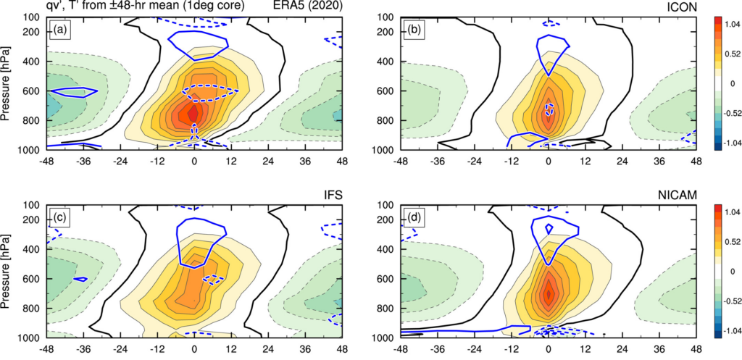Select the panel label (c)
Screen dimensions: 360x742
(x=58, y=217)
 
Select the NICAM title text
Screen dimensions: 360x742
(x=678, y=194)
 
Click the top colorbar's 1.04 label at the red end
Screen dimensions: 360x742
(x=728, y=25)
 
